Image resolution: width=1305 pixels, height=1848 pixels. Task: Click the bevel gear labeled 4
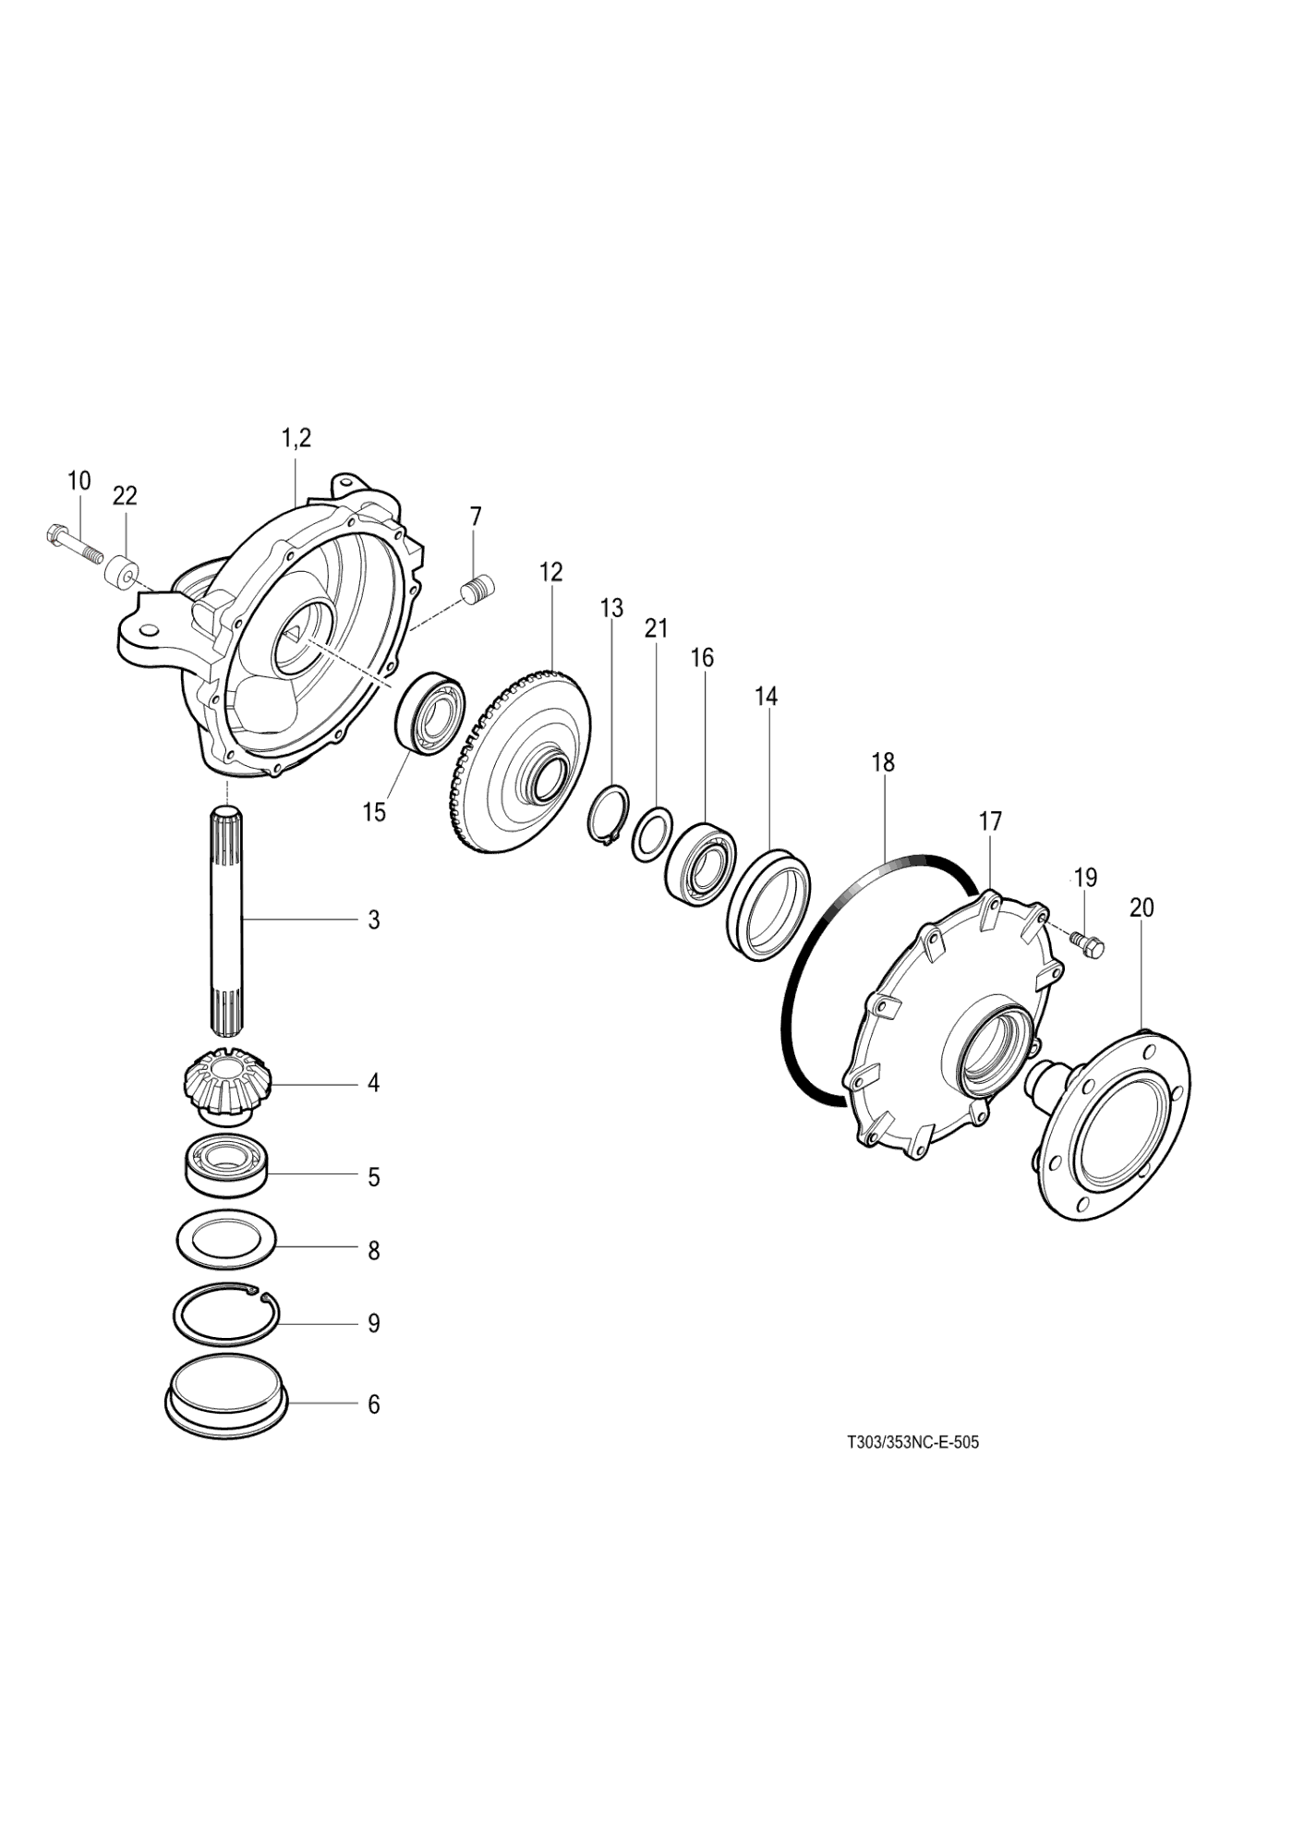click(222, 1085)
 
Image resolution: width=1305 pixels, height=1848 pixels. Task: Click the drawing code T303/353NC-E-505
click(912, 1468)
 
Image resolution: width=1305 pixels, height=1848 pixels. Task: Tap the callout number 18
click(883, 763)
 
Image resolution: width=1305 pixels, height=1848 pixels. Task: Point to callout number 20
click(1142, 908)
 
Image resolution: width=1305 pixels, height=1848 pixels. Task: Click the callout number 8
click(373, 1251)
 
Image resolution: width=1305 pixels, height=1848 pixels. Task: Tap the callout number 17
click(990, 821)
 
